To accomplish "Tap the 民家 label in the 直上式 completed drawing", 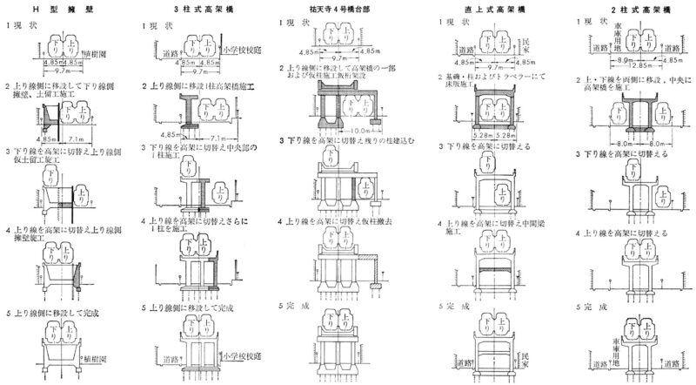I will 525,357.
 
